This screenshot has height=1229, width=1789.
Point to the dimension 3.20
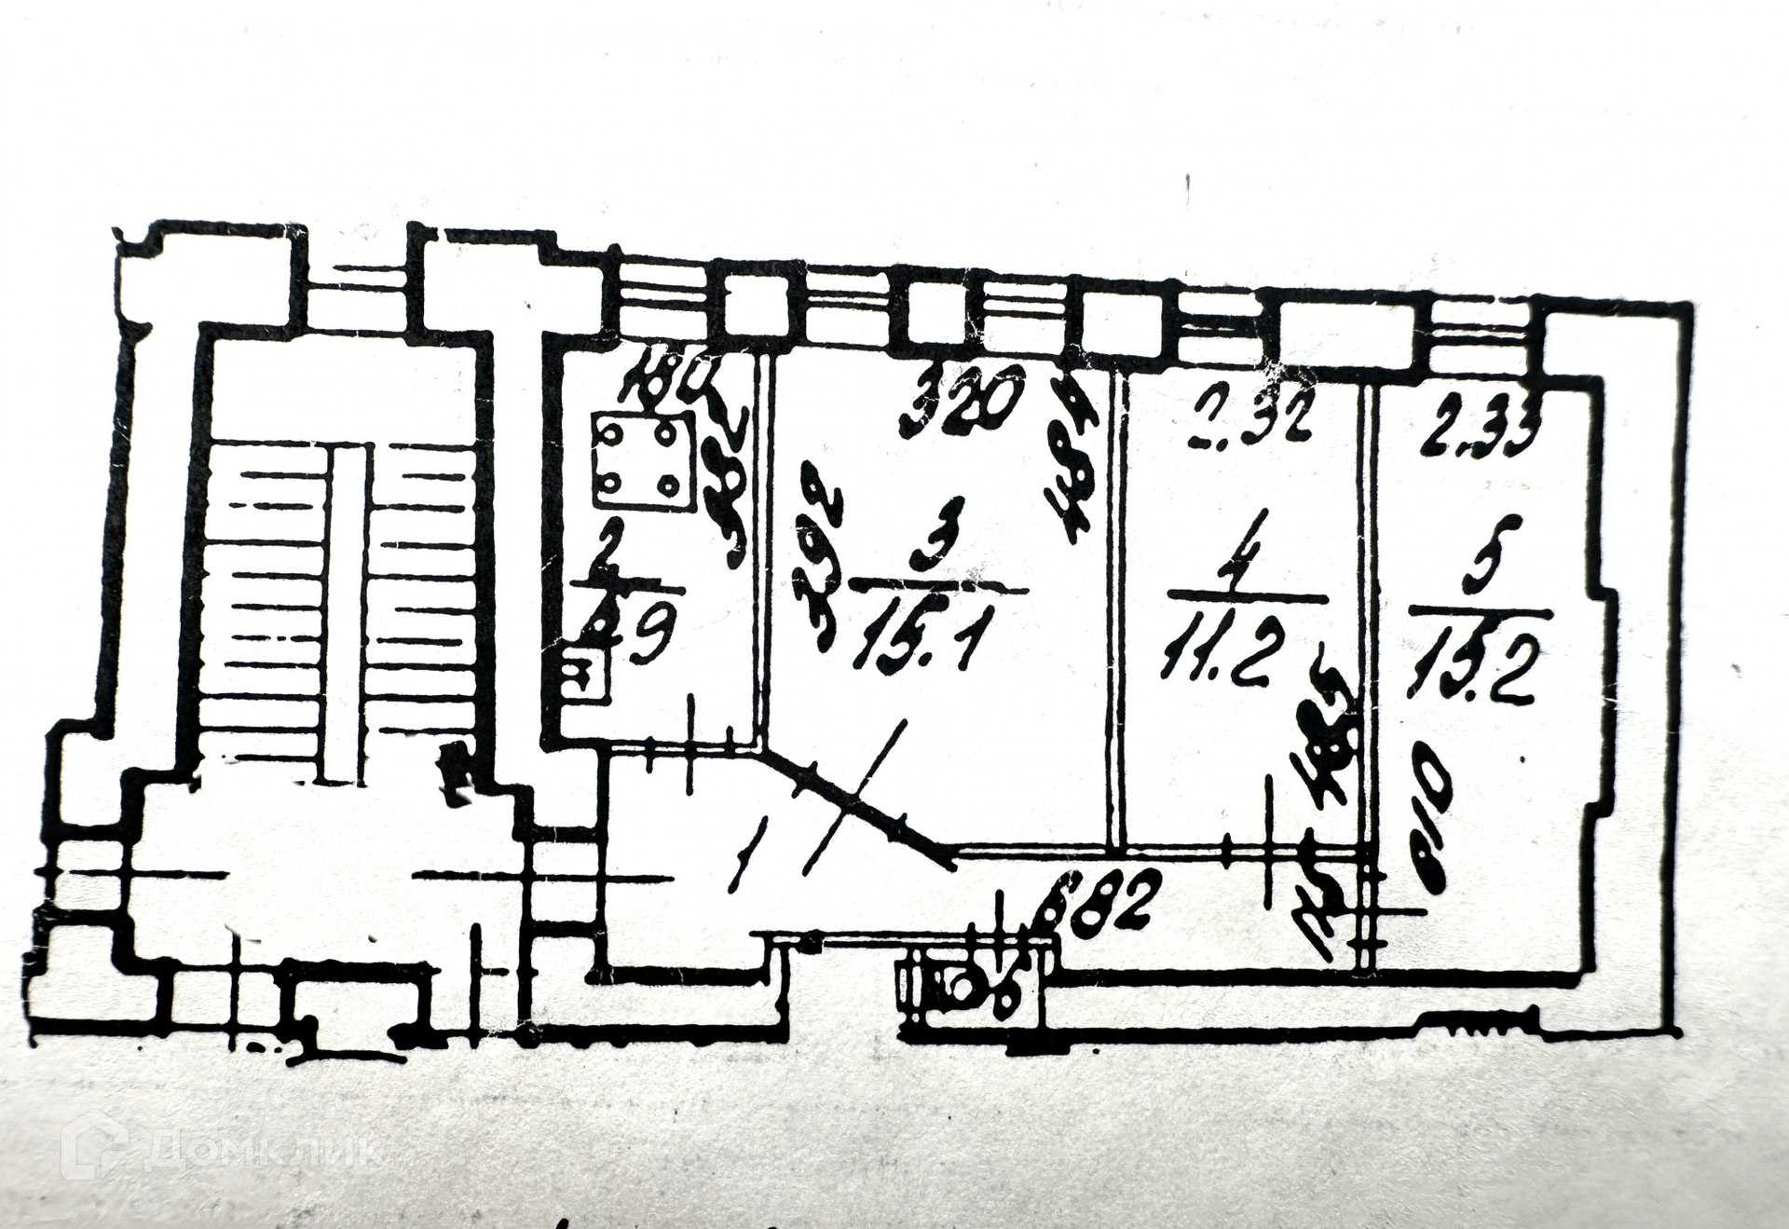[x=963, y=402]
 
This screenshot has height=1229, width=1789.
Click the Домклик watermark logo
[x=219, y=1148]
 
